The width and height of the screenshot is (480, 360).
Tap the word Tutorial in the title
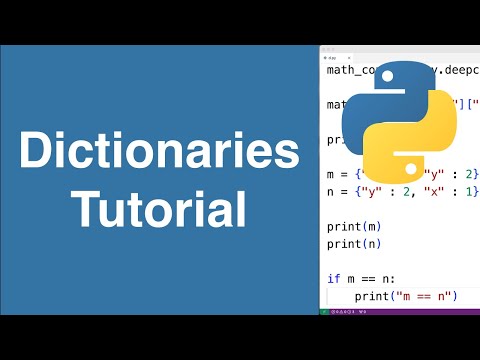(x=160, y=209)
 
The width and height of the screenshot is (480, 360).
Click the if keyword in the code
(x=333, y=279)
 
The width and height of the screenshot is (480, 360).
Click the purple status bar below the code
(x=400, y=311)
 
